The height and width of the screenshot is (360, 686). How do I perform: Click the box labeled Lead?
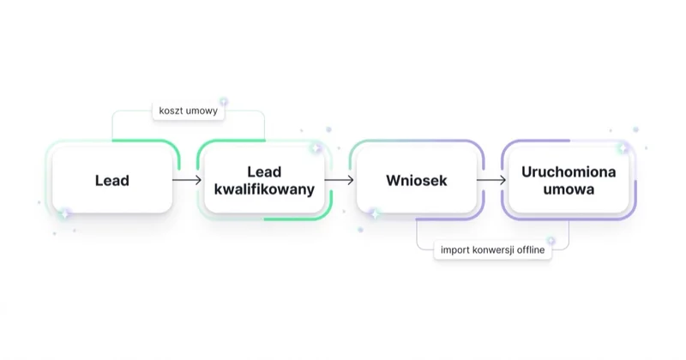(112, 180)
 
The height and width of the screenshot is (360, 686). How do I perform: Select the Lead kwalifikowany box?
(264, 180)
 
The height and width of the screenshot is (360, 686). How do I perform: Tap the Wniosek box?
(417, 180)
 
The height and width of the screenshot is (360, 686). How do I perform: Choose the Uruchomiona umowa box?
(569, 180)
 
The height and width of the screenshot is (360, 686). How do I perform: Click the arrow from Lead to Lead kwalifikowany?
(187, 180)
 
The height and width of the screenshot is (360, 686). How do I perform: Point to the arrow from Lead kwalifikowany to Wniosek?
(339, 180)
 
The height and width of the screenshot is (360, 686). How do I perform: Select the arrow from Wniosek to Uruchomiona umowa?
(491, 180)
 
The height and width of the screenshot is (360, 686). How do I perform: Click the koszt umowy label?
(188, 111)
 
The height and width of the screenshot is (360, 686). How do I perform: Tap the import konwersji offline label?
(492, 249)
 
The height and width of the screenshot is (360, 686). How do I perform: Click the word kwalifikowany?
(264, 189)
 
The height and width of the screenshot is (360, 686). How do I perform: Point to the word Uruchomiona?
(569, 172)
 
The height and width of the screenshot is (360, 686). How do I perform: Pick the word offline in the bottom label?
(531, 249)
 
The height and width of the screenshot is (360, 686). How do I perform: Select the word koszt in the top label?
(169, 111)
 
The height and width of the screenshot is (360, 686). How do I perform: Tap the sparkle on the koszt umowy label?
(224, 102)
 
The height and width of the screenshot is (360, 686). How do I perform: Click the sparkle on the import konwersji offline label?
(551, 241)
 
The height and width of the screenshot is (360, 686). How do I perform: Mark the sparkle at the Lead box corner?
(65, 214)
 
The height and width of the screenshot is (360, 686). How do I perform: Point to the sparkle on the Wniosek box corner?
(375, 214)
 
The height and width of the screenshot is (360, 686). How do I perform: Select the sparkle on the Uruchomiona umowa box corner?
(623, 149)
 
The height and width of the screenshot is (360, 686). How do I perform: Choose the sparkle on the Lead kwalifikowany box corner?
(316, 149)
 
